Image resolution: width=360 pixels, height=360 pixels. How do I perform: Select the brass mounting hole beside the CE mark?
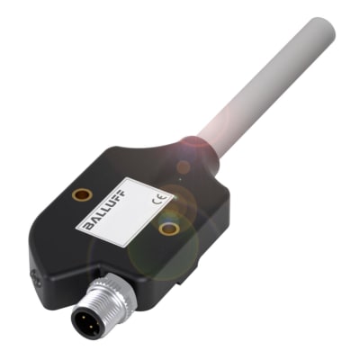tap(167, 229)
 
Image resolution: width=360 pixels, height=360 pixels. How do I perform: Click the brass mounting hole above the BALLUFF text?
tap(81, 193)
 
